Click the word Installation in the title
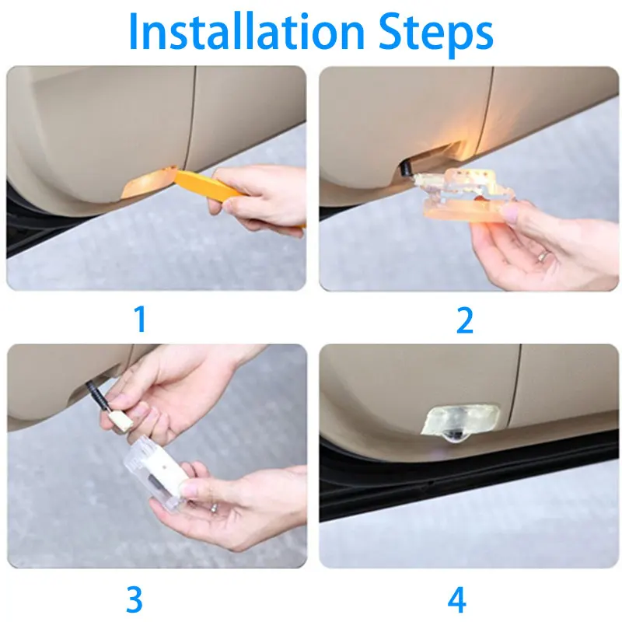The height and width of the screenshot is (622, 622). pos(246,31)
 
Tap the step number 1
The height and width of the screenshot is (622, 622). pos(141,319)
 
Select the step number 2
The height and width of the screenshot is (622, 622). pos(465,320)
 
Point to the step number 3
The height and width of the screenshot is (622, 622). pos(135,599)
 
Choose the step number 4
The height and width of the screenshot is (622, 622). pos(457,599)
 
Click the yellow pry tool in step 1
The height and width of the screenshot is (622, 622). pos(210,187)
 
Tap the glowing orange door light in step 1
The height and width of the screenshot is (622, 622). pos(148,182)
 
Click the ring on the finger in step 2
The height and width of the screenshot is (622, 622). pos(542,256)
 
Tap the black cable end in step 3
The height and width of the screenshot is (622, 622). pos(98,395)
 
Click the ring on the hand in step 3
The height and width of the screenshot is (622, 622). pos(213,508)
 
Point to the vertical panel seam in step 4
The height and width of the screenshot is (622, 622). pos(514,385)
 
